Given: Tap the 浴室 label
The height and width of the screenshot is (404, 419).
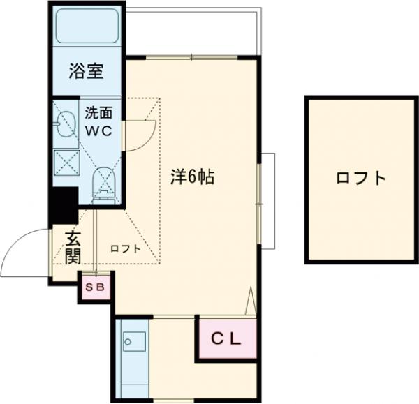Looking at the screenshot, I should tap(87, 70).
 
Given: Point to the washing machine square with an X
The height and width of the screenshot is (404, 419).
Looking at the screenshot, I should tap(67, 162).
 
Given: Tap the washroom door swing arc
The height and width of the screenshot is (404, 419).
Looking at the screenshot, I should tap(142, 133).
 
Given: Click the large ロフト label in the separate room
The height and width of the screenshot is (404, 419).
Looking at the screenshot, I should tap(360, 178).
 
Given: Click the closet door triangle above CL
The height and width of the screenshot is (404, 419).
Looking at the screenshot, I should tap(251, 303).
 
